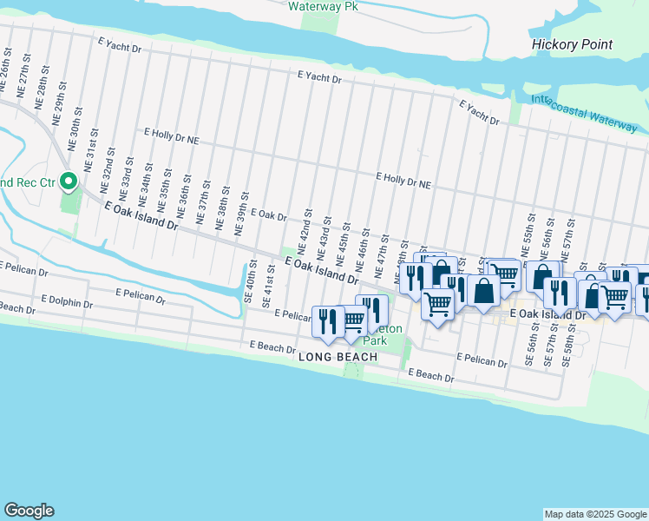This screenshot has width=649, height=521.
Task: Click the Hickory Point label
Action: pyautogui.click(x=572, y=44)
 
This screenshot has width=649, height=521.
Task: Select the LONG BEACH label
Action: pyautogui.click(x=338, y=357)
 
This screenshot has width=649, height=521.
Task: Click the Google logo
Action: pyautogui.click(x=29, y=511)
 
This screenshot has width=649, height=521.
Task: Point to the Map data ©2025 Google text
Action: pyautogui.click(x=595, y=514)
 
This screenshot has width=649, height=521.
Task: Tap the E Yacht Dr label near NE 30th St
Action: pyautogui.click(x=119, y=46)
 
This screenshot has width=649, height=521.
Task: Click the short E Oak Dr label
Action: pyautogui.click(x=268, y=214)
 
